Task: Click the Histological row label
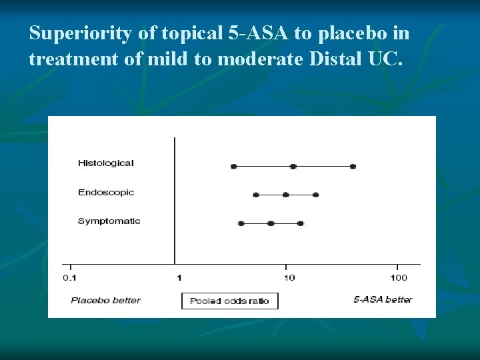coord(106,163)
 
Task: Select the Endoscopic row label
coord(106,193)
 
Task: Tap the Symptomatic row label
coord(109,221)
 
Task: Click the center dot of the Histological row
coord(293,166)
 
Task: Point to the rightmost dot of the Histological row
coord(353,166)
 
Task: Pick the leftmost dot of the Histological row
coord(233,166)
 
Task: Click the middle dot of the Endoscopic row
coord(285,195)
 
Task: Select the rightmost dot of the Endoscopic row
coord(315,195)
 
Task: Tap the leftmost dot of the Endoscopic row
coord(255,195)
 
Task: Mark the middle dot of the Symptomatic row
coord(271,223)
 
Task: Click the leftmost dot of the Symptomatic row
coord(241,223)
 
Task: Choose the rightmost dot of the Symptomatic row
coord(301,223)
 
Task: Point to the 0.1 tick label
coord(69,277)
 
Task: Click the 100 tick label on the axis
coord(398,277)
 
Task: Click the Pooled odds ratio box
coord(229,301)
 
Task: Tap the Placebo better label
coord(106,301)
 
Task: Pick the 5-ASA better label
coord(383,300)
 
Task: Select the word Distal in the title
coord(336,59)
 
